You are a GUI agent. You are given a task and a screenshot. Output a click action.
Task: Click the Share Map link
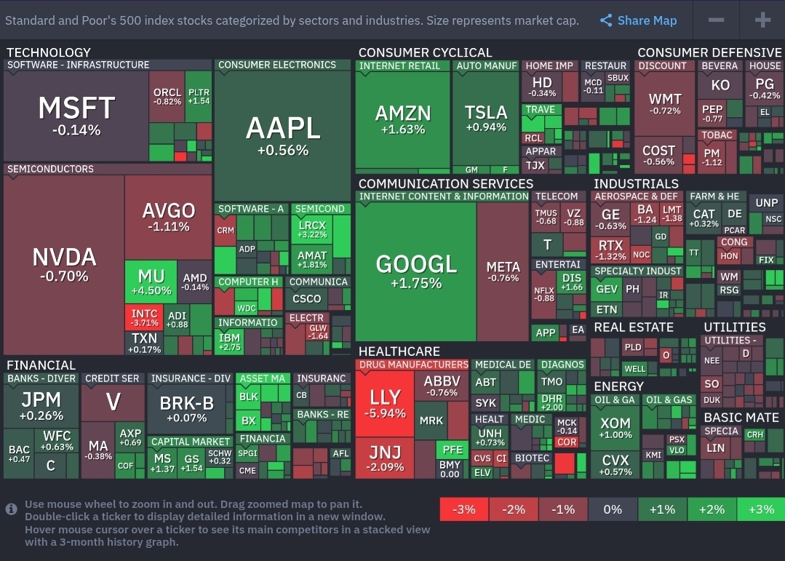coord(639,20)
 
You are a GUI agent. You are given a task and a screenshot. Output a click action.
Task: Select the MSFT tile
coord(76,115)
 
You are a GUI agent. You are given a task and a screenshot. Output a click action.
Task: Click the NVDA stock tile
coord(64,265)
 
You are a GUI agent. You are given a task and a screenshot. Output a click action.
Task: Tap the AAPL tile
coord(282,135)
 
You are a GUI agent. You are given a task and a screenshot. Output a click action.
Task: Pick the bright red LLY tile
coord(385,403)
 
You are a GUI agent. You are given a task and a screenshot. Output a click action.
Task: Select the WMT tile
coord(664,103)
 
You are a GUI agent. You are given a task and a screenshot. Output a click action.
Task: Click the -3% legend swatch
coord(464,509)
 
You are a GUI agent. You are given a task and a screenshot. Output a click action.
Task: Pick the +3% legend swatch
coord(761,509)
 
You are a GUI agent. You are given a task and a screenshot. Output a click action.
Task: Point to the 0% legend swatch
coord(613,509)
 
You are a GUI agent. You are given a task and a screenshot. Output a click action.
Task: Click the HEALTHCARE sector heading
coord(399,351)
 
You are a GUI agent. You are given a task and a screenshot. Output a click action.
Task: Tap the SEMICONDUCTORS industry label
coord(51,169)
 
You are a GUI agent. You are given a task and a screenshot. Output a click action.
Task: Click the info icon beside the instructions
coord(12,509)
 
